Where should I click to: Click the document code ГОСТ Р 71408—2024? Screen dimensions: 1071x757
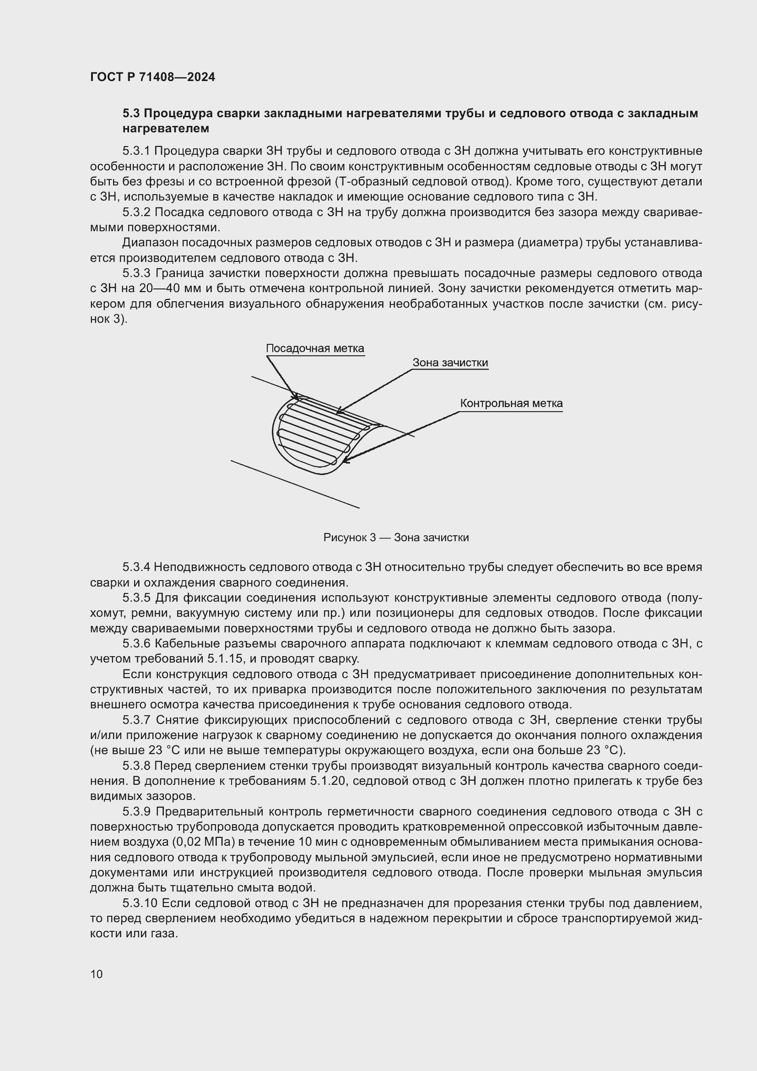click(152, 77)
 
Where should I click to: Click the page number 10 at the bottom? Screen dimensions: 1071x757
click(97, 974)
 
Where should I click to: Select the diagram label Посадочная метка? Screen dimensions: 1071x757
click(314, 348)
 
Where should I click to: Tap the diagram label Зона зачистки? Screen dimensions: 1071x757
click(450, 363)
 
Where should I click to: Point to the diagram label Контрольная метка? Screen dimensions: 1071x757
click(511, 403)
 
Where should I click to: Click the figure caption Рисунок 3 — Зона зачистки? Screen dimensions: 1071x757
click(396, 538)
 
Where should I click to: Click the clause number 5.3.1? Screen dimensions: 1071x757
click(136, 151)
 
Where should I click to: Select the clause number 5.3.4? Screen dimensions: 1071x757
click(136, 567)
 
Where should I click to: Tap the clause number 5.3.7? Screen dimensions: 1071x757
click(136, 720)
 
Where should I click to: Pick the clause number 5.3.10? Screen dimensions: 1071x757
click(140, 903)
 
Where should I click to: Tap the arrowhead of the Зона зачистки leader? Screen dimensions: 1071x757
click(339, 412)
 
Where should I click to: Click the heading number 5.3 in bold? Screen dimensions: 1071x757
click(132, 114)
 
